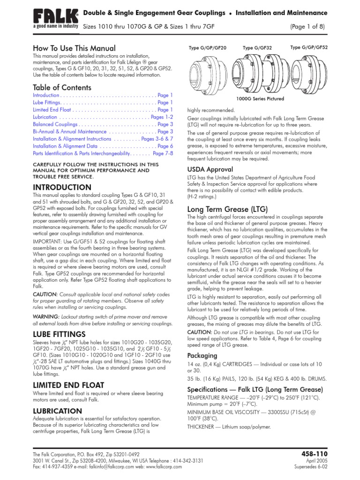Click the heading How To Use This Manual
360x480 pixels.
74,48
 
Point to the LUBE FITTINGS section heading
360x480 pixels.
59,334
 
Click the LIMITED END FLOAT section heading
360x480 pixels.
68,385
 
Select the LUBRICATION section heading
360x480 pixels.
57,411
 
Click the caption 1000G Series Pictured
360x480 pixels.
261,98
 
